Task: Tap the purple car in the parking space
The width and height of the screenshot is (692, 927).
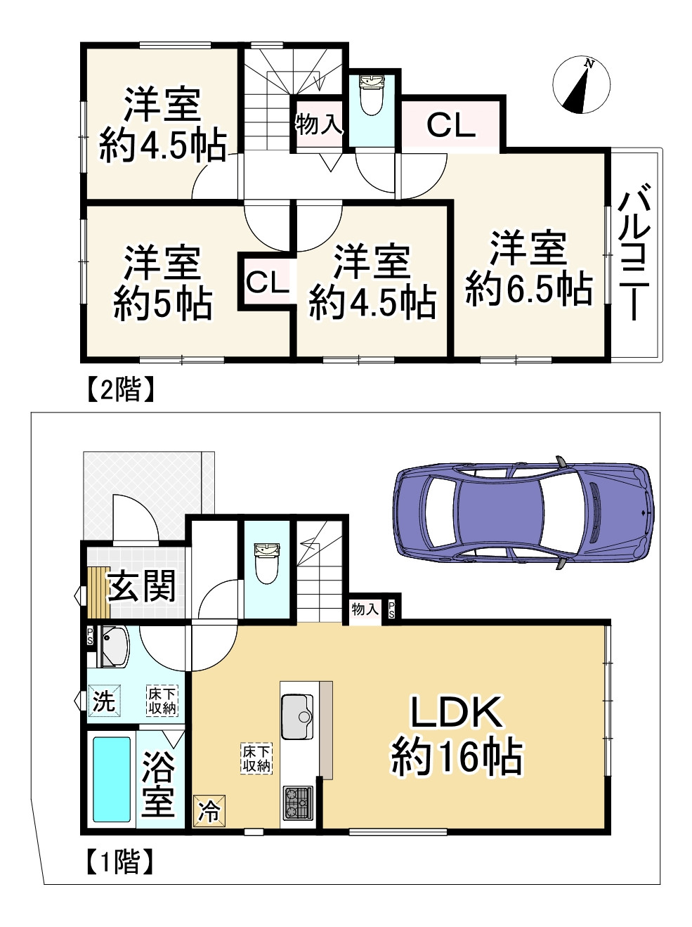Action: [x=523, y=511]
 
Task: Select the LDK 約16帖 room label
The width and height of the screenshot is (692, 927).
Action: [x=457, y=734]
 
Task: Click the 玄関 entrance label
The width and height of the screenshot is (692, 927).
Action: [x=141, y=586]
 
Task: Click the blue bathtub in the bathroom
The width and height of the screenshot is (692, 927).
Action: [x=112, y=779]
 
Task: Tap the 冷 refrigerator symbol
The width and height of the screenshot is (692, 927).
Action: [x=209, y=812]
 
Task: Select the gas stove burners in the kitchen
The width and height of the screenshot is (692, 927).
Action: [x=298, y=803]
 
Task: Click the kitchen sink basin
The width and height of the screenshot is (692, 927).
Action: [x=298, y=716]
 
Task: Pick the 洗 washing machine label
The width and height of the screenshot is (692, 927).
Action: [x=104, y=701]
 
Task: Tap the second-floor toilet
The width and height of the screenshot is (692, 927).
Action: [x=370, y=95]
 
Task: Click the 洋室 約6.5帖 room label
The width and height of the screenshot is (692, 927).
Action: [x=529, y=268]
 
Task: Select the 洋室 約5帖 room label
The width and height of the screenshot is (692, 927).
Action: [x=163, y=283]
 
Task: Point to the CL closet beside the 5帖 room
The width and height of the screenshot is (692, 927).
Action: [x=267, y=283]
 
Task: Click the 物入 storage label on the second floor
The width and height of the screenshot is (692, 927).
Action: [x=318, y=124]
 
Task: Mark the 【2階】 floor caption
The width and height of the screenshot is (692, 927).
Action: [x=121, y=389]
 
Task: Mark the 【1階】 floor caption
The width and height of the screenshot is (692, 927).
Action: [x=121, y=862]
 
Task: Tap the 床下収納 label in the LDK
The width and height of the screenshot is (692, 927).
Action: [x=256, y=758]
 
